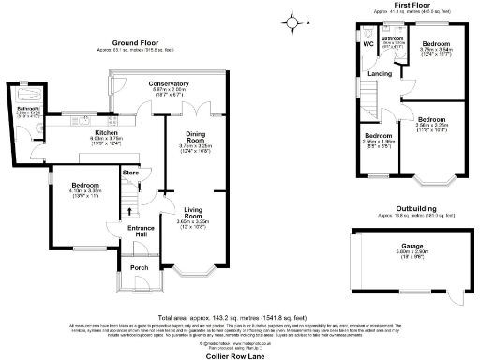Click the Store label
pos(129,172)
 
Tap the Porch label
pos(139,266)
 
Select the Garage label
pos(405,247)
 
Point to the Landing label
pos(381,73)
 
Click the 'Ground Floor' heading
pos(134,43)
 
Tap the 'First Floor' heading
pos(412,5)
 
